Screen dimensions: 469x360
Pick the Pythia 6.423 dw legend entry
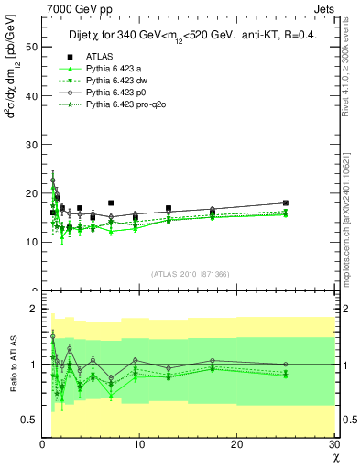point(109,81)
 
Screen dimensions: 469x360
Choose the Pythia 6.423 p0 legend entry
point(108,93)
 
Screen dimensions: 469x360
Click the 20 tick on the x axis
point(236,444)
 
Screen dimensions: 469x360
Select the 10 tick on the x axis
point(139,444)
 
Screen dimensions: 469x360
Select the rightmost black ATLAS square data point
point(286,203)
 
